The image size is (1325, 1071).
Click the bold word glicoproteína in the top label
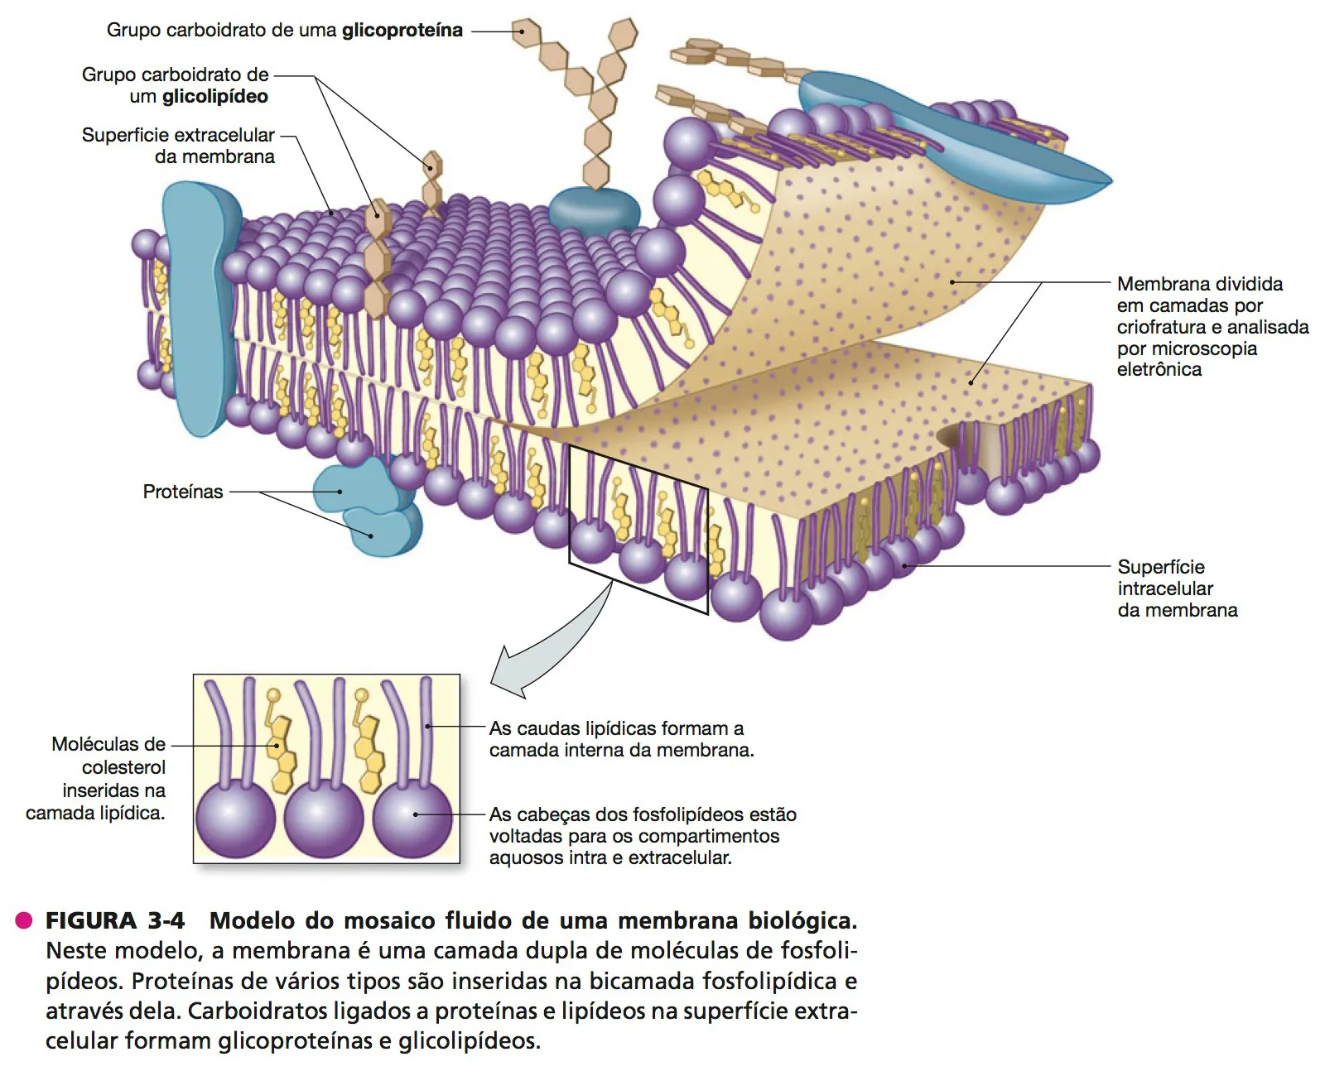point(402,31)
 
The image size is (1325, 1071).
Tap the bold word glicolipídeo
point(215,97)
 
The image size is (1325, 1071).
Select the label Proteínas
point(183,492)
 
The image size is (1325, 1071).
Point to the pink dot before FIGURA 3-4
point(24,920)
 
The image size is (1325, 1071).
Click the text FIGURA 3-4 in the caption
point(115,920)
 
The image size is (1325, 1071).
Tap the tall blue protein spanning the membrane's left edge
point(202,308)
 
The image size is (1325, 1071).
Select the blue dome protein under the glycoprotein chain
point(594,210)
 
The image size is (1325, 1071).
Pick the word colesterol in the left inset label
point(123,768)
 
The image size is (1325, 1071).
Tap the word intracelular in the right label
point(1165,588)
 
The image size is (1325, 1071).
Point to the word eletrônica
point(1159,370)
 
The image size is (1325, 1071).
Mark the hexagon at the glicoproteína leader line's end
point(527,31)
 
